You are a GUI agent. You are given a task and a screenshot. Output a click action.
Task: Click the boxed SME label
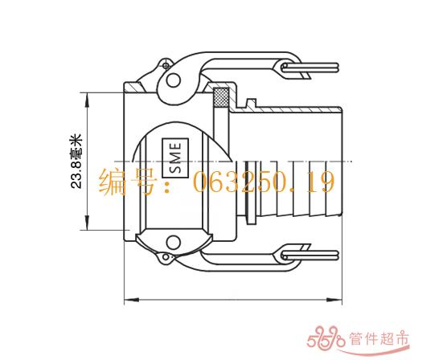tap(175, 158)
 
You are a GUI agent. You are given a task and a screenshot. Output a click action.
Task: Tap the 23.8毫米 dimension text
tap(76, 161)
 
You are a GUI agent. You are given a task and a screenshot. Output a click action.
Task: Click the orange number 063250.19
tap(264, 182)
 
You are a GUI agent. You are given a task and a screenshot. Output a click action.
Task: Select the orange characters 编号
tap(126, 182)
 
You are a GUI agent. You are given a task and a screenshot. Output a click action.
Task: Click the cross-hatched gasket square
tap(221, 97)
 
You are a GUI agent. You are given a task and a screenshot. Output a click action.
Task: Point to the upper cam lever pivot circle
tap(174, 80)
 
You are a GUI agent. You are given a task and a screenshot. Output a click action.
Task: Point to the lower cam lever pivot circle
tap(174, 243)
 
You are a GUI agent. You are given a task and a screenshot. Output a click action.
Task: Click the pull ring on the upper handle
tap(309, 67)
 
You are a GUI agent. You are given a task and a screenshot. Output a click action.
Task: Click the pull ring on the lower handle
tap(309, 256)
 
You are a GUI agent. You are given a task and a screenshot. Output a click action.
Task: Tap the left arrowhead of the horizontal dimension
tap(131, 300)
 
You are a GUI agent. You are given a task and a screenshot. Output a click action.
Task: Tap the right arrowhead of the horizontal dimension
tap(334, 300)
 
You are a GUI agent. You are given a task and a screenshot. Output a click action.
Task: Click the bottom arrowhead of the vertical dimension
tap(87, 223)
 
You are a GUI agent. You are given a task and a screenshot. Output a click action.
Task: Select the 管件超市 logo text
tap(379, 339)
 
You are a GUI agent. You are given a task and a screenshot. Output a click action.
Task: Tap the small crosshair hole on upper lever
tap(166, 65)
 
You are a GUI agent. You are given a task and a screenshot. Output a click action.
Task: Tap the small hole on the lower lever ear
tap(166, 257)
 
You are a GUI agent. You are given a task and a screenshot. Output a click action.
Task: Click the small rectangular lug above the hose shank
tap(251, 104)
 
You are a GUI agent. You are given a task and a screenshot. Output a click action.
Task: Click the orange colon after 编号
tap(167, 186)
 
